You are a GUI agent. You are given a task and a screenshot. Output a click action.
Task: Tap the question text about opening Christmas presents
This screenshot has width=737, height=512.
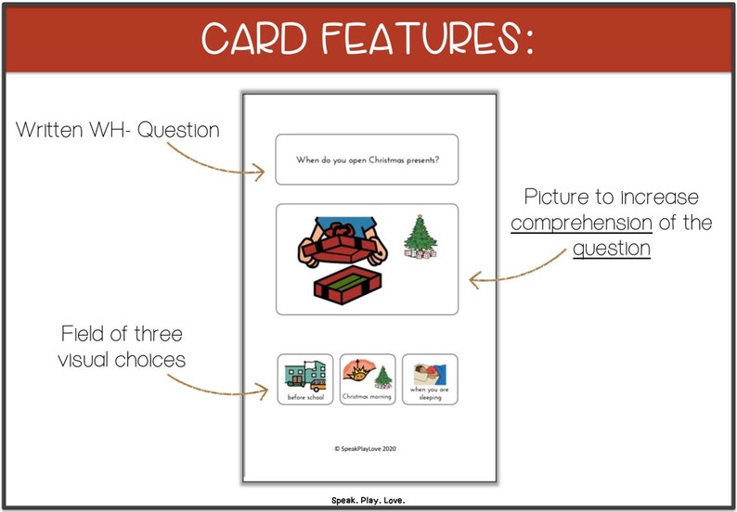tap(367, 160)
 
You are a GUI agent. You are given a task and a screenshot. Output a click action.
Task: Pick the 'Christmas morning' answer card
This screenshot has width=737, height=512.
tap(368, 378)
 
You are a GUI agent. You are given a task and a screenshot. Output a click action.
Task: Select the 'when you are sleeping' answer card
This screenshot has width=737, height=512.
tap(429, 378)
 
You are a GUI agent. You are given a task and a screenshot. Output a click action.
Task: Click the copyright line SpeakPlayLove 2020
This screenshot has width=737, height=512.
tap(367, 447)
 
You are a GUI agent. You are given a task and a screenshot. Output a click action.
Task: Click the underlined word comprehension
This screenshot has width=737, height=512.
tap(581, 224)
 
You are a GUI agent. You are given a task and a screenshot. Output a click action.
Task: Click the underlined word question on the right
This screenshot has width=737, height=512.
tap(611, 249)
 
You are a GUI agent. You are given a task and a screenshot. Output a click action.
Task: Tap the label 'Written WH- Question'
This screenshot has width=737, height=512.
tap(118, 131)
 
